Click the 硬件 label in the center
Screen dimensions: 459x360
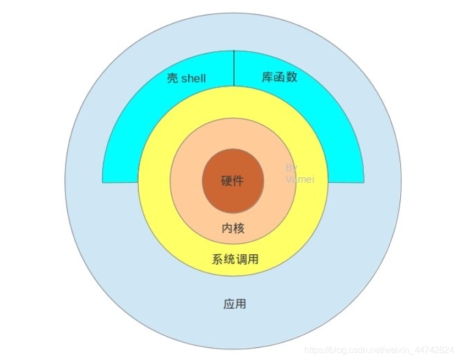pos(232,181)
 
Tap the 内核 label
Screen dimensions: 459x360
pos(233,228)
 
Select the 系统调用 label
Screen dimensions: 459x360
pos(235,259)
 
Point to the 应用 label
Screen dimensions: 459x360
pos(234,304)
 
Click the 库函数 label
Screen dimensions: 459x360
pos(279,77)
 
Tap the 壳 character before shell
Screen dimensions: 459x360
pos(172,78)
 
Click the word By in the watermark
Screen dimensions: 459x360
pos(291,167)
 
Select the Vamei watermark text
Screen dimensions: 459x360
pos(299,179)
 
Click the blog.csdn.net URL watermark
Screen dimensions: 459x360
pos(379,350)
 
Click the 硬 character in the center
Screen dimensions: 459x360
pos(226,181)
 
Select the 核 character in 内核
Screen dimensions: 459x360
pos(239,228)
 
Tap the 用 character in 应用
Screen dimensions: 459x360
pos(241,304)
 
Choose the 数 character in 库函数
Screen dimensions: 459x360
pos(291,77)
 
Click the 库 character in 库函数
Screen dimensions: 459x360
pos(267,77)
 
